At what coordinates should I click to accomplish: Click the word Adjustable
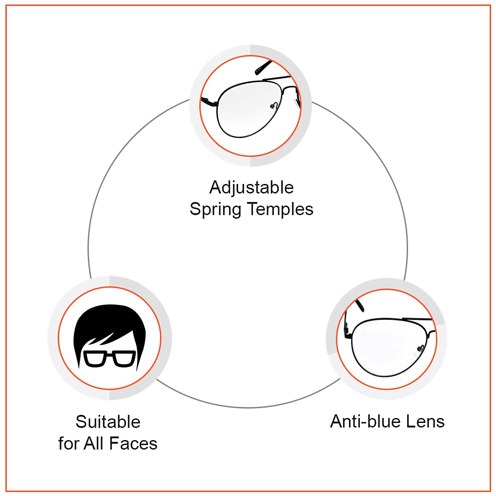251,188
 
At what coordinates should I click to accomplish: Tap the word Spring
215,210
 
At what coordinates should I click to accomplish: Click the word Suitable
108,422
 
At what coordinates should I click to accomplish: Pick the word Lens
425,422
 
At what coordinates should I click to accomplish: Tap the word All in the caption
94,444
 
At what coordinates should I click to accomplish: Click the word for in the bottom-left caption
69,444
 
